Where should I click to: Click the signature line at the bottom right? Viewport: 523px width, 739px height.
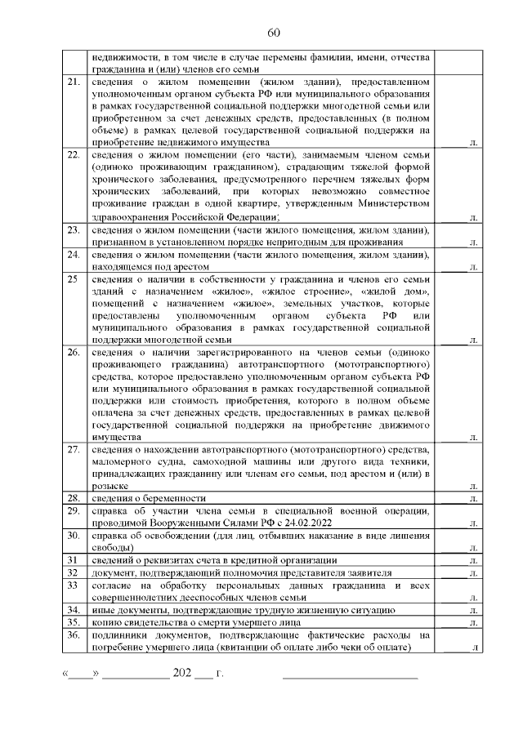[350, 678]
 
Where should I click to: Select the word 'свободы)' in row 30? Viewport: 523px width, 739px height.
[111, 547]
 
